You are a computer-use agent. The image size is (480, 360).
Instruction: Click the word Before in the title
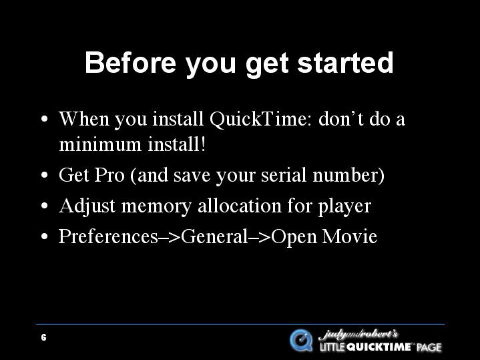[130, 63]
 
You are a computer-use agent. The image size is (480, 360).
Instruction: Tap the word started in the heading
[345, 63]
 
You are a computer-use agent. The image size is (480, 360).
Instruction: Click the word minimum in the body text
[100, 144]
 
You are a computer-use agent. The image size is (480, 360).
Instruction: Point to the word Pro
[109, 175]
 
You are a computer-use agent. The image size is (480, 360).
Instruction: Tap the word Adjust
[87, 206]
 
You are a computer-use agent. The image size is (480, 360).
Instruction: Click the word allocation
[240, 206]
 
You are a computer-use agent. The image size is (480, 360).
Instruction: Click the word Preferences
[109, 236]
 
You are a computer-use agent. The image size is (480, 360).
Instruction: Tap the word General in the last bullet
[214, 236]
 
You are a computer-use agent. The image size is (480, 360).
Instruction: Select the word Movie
[349, 236]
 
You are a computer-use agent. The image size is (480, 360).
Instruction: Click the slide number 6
[44, 338]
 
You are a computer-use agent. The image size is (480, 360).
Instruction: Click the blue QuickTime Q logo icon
[301, 341]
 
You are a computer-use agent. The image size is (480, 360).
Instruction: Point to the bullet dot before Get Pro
[44, 175]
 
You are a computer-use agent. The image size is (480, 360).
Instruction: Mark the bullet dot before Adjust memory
[44, 206]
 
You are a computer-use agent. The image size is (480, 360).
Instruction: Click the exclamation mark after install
[202, 144]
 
